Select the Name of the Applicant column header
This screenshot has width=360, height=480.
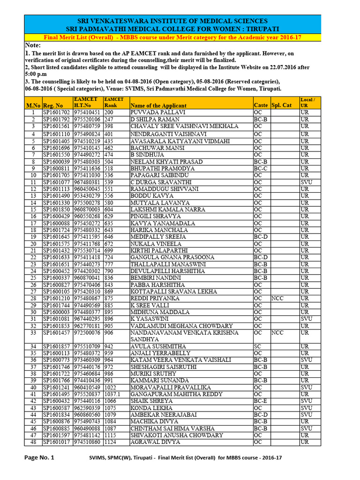click(158, 105)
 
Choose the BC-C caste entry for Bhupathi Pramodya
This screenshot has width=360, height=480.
click(261, 168)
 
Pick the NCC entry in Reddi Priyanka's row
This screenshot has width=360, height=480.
click(277, 299)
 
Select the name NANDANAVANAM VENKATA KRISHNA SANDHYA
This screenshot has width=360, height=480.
click(185, 336)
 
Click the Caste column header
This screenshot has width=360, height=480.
click(260, 105)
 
